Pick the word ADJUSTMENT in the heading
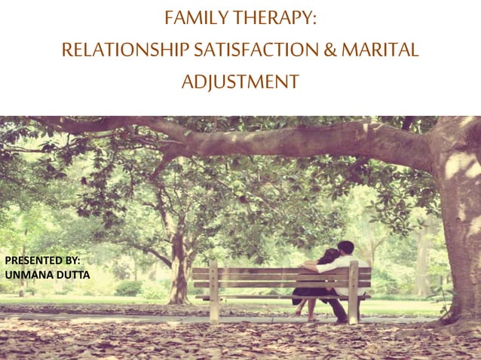pos(240,81)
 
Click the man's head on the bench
pos(345,248)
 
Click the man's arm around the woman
pos(315,264)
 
